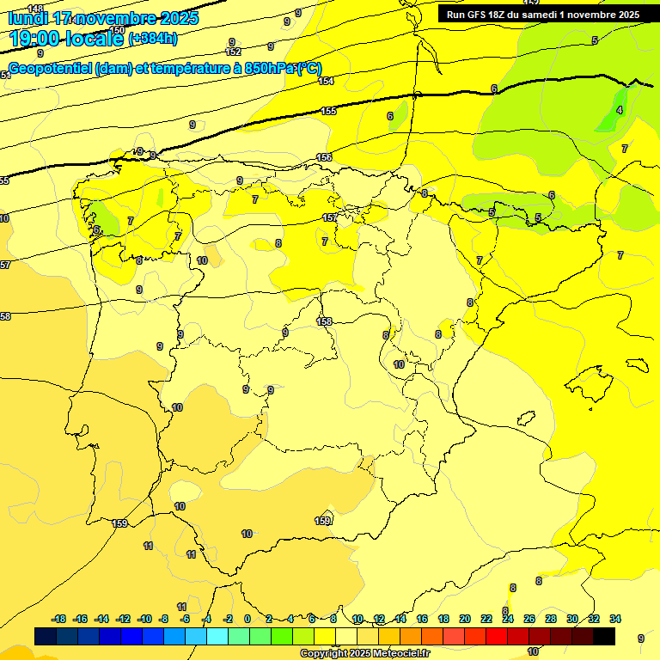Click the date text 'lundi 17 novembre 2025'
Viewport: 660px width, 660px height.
[x=103, y=18]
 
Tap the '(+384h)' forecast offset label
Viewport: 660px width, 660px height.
[x=152, y=39]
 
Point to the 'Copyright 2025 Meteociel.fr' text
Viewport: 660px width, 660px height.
[x=364, y=653]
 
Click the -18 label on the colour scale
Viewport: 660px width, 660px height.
[x=59, y=619]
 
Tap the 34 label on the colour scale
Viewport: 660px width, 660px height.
[x=614, y=619]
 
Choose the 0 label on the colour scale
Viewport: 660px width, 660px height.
[x=247, y=619]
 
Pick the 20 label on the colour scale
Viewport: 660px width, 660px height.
[x=465, y=619]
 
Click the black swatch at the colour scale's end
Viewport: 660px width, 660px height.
[x=604, y=636]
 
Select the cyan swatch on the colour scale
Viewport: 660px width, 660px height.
[x=217, y=636]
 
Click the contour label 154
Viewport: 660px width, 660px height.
[x=326, y=81]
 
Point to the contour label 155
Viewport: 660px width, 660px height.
[x=328, y=111]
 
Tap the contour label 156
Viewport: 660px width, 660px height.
[x=324, y=157]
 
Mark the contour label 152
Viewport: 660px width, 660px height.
[x=233, y=52]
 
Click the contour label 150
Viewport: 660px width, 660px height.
[x=117, y=30]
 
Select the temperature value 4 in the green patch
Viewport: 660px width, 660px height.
[x=620, y=110]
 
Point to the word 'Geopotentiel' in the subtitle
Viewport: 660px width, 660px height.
[x=51, y=69]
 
